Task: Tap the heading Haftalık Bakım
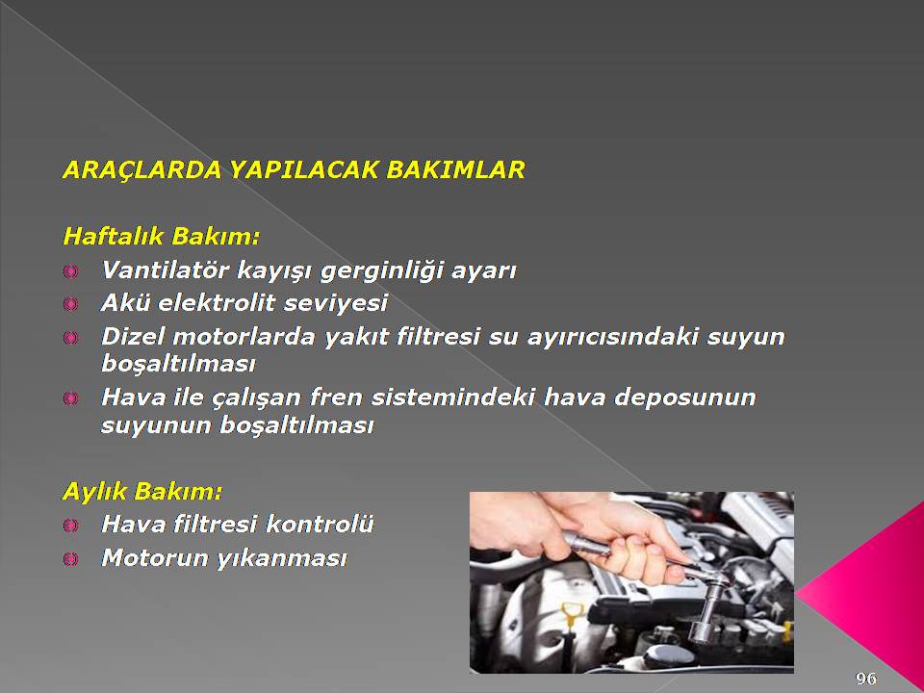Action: coord(161,237)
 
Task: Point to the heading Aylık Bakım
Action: coord(142,492)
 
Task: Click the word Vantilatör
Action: coord(165,270)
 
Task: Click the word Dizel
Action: coord(133,337)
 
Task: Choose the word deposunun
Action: coord(684,398)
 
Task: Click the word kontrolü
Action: coord(320,524)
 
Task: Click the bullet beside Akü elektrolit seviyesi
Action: coord(70,304)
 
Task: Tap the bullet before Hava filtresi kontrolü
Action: coord(70,525)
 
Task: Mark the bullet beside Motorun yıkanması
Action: coord(70,558)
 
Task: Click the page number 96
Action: coord(865,679)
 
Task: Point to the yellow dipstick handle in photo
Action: coord(570,614)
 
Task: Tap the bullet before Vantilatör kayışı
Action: coord(70,271)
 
